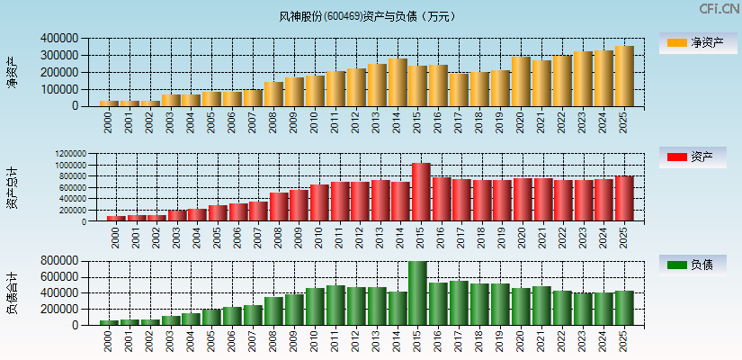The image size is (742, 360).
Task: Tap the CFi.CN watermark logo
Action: coord(719,9)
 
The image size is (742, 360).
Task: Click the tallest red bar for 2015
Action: coord(421,192)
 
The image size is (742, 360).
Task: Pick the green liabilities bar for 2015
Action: coord(417,292)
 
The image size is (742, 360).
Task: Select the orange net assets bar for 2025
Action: coord(624,76)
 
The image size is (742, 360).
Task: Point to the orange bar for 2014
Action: coord(398,83)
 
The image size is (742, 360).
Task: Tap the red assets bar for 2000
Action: coord(116,218)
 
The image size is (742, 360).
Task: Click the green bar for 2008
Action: coord(273,310)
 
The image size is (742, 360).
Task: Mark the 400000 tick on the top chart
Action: coord(58,39)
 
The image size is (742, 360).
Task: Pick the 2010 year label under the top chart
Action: coord(315,121)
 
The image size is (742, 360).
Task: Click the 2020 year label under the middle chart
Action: coord(522,236)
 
